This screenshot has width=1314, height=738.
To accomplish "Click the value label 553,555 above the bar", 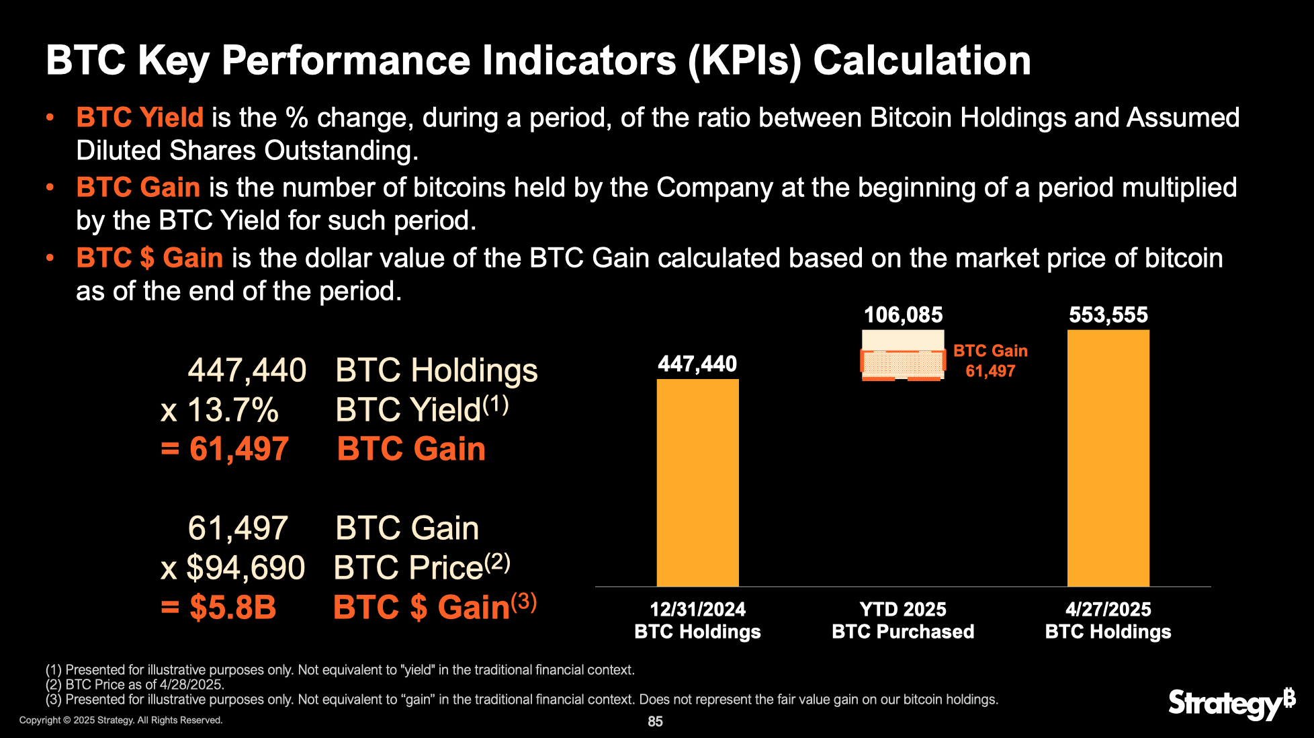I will click(x=1108, y=315).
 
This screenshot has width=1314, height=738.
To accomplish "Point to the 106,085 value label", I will click(x=903, y=315).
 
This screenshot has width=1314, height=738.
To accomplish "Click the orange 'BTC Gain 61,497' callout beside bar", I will click(x=990, y=361).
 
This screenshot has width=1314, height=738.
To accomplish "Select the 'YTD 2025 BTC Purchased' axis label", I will click(x=903, y=620).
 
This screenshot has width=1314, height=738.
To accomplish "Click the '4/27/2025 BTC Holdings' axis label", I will click(x=1108, y=620).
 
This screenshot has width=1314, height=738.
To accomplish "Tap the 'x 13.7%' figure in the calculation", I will click(x=220, y=410).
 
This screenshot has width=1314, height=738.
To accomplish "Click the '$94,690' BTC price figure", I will click(x=245, y=568).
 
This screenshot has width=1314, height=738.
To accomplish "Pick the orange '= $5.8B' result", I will click(x=219, y=608).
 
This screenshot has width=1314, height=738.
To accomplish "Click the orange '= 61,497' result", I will click(x=225, y=449).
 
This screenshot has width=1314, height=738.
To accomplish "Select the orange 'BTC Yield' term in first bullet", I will click(x=140, y=118).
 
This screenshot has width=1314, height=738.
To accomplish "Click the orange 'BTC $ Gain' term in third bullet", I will click(x=149, y=258).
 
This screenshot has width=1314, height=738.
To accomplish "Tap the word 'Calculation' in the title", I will click(x=922, y=60).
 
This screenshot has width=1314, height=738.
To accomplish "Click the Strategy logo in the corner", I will click(x=1231, y=704).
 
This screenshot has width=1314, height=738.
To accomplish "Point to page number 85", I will click(x=655, y=721).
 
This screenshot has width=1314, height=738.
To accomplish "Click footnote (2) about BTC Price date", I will click(x=135, y=685).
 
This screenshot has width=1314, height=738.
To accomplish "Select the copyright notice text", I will click(x=121, y=721).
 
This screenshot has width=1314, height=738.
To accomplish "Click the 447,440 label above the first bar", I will click(x=697, y=364).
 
